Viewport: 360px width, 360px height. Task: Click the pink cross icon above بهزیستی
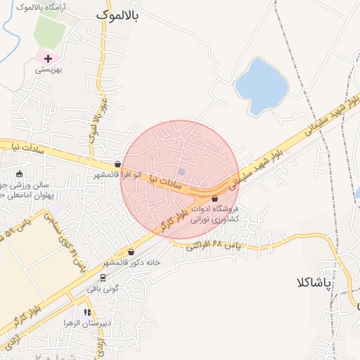[48, 58]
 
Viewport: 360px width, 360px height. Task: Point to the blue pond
[261, 85]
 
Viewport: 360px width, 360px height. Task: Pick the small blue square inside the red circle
[182, 172]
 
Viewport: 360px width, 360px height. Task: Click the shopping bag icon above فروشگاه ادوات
[214, 199]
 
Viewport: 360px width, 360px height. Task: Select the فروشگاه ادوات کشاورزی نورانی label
[216, 214]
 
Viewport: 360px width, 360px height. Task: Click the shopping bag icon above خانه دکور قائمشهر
[131, 252]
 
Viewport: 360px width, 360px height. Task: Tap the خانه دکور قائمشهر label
[133, 262]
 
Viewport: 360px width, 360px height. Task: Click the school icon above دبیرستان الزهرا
[88, 312]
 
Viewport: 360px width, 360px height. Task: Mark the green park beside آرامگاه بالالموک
[49, 28]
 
